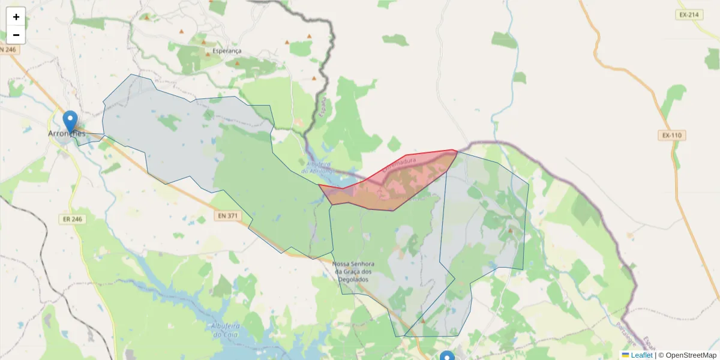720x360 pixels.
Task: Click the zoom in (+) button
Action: pos(16,17)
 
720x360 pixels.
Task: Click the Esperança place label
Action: pos(227,52)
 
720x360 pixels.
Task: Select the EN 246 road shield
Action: pos(9,49)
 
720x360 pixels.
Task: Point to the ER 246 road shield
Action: pos(72,219)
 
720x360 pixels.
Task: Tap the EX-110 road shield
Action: pos(672,136)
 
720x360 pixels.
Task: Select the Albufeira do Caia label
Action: pos(226,330)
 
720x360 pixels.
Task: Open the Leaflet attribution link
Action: pos(641,355)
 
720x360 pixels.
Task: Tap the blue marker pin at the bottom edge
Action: pos(447,356)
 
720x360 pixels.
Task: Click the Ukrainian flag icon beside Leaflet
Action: pos(625,355)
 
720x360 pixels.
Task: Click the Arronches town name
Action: pos(67,134)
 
